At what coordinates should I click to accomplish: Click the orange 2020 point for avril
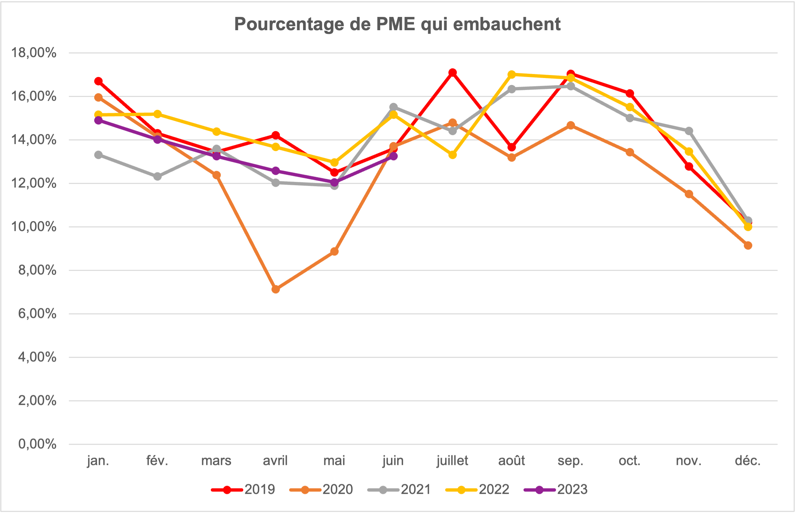point(276,289)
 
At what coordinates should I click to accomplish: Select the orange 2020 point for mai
point(334,251)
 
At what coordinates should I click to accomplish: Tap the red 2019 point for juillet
point(452,72)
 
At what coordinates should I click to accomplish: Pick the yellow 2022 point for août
point(512,74)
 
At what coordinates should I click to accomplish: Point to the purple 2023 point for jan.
point(99,120)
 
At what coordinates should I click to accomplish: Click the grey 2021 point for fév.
point(157,176)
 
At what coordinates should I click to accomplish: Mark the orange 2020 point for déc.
point(748,245)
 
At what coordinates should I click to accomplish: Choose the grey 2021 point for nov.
point(689,131)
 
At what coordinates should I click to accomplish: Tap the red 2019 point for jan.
point(99,81)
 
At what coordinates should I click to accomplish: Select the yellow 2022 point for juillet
point(452,155)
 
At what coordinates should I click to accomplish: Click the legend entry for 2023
point(556,490)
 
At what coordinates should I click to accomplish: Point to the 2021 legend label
point(416,490)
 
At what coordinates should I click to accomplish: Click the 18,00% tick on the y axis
point(34,53)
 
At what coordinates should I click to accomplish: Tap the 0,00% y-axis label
point(37,444)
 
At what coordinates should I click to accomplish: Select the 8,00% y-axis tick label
point(37,270)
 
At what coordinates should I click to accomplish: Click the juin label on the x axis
point(393,461)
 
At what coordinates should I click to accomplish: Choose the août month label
point(512,461)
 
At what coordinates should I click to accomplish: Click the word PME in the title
point(395,24)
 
